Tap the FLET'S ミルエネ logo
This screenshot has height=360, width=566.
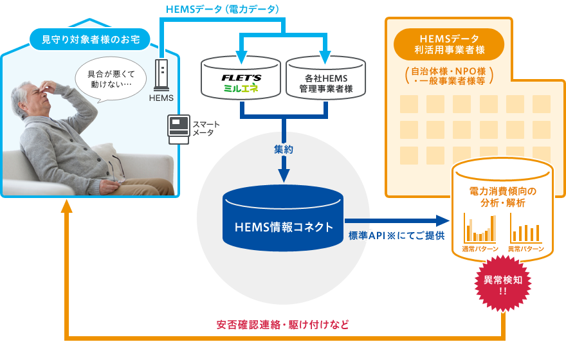coord(241,83)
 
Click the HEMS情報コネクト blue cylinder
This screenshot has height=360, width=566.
coord(284,226)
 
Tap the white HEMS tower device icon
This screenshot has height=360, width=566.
coord(161,75)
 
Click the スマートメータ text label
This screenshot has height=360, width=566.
coord(206,128)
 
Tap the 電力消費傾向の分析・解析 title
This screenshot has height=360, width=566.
coord(503,197)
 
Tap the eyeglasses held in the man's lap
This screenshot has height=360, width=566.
coord(116,171)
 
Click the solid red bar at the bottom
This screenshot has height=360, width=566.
coord(282,325)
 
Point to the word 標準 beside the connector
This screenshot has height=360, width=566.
coord(358,236)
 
